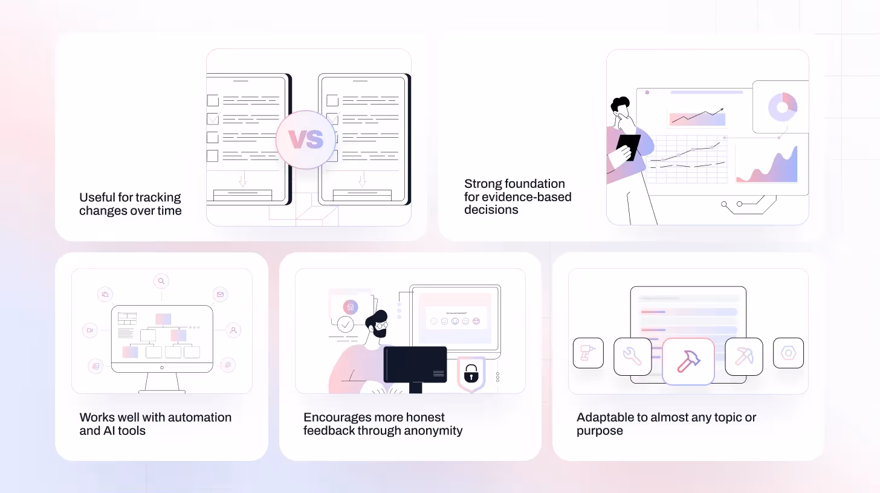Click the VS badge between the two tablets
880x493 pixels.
click(x=305, y=140)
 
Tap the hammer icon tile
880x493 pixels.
click(x=688, y=361)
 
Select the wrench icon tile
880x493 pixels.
click(x=632, y=356)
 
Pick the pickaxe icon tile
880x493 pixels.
click(x=743, y=356)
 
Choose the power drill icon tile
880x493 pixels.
click(x=588, y=353)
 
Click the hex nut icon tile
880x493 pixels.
click(x=788, y=353)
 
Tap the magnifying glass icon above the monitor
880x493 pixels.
click(x=161, y=281)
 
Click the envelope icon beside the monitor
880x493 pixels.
click(x=220, y=295)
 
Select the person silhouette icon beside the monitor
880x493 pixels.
click(x=234, y=330)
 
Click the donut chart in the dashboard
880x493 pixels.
click(x=783, y=107)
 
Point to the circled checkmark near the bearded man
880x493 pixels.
click(x=346, y=325)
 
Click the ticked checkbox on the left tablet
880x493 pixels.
click(x=213, y=118)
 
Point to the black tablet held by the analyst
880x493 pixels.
click(x=629, y=147)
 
